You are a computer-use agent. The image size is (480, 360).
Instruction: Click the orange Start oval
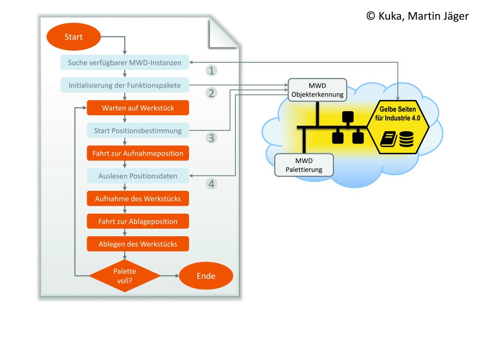[74, 37]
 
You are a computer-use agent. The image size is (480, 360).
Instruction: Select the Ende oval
[206, 276]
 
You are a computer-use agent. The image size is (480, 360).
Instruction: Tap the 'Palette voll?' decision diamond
[125, 276]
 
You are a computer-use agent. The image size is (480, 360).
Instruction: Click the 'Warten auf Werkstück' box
[138, 108]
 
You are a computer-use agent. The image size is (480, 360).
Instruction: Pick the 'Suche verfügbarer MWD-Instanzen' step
[125, 62]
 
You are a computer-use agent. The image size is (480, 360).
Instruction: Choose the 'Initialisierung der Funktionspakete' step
[125, 85]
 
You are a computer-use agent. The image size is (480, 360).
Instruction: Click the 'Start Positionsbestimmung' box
[138, 130]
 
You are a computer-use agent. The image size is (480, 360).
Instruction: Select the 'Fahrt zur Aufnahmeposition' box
[138, 153]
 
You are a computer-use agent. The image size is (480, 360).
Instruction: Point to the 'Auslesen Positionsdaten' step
[138, 176]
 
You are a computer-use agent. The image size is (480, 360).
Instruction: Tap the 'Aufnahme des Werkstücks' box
[138, 199]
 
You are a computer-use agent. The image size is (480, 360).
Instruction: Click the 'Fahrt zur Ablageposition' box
[138, 221]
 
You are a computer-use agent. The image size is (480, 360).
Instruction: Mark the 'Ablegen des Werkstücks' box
[138, 244]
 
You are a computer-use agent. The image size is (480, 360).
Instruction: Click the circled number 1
[212, 70]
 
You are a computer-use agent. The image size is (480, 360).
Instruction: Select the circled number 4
[212, 184]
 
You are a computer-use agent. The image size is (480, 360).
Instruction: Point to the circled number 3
[212, 138]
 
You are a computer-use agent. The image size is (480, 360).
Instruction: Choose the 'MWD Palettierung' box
[304, 165]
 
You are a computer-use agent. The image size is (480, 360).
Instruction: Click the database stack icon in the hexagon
[407, 140]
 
